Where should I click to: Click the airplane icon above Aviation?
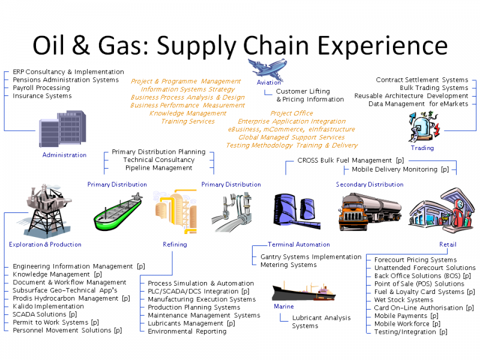267,68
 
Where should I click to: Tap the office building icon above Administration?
62,128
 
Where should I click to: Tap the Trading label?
422,148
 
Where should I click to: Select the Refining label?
175,244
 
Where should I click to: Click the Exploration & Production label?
45,244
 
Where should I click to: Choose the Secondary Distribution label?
370,184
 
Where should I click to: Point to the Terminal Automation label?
299,244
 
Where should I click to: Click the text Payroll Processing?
41,88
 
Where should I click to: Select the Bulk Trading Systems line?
434,88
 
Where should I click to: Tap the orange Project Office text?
292,113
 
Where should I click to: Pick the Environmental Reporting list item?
187,331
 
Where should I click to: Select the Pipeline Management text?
158,168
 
